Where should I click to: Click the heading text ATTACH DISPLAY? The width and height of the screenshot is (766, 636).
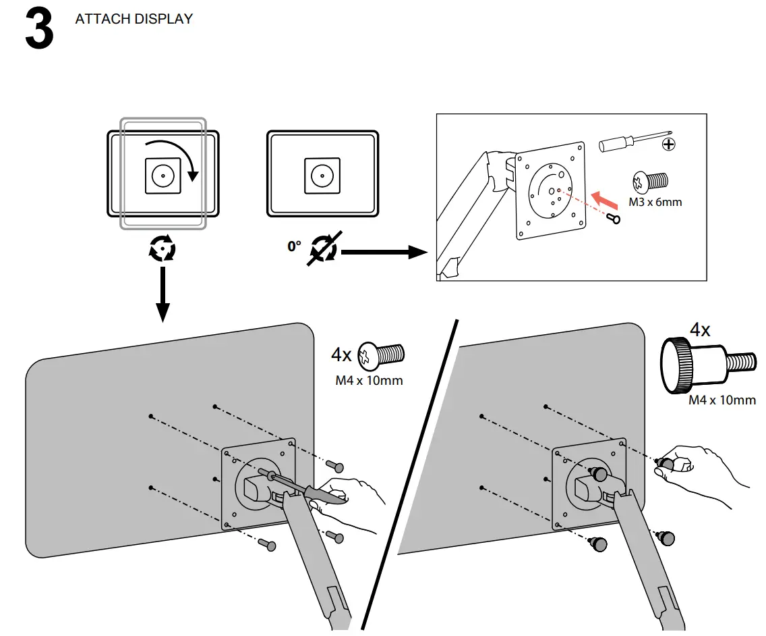click(134, 19)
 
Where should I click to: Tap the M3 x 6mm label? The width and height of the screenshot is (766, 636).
click(655, 202)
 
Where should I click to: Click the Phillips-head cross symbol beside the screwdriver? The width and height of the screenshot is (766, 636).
click(669, 144)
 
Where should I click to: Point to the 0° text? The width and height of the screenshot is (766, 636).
click(294, 247)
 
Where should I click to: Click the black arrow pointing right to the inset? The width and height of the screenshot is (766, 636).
click(384, 253)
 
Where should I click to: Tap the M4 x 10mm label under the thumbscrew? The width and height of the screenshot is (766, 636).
click(721, 400)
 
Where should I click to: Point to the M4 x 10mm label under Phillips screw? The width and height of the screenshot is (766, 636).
click(369, 381)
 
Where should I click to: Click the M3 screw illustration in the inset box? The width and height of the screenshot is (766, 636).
click(649, 181)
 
